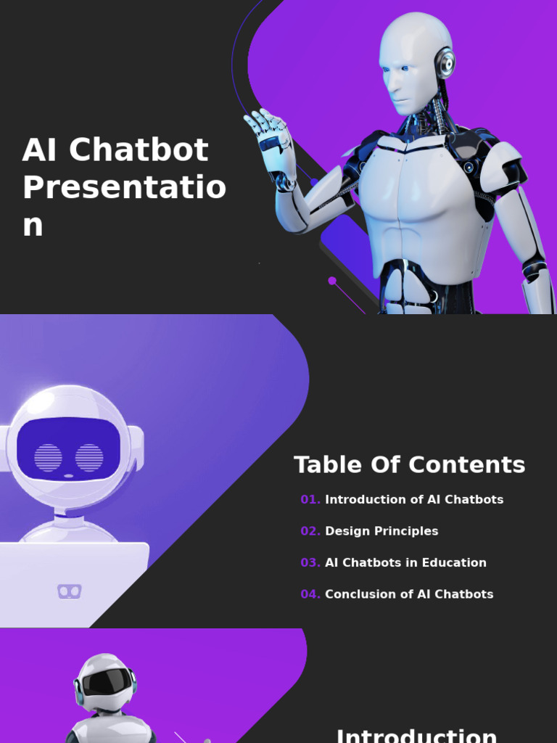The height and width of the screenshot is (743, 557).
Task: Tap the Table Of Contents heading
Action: click(409, 465)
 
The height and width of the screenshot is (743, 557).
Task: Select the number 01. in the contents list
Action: click(310, 500)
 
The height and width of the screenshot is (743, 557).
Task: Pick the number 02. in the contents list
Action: click(310, 531)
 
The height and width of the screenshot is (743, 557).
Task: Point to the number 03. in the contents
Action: click(310, 563)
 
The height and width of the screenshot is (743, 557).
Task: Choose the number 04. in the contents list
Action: click(310, 594)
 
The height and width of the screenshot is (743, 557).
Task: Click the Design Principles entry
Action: click(381, 531)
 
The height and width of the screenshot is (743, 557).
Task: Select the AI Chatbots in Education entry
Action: click(405, 563)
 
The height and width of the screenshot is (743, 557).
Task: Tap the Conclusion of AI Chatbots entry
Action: click(409, 594)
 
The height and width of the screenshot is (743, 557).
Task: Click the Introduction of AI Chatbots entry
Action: click(414, 500)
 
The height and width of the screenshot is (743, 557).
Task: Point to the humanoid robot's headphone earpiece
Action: click(445, 64)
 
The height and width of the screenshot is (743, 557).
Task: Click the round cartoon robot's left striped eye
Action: click(49, 457)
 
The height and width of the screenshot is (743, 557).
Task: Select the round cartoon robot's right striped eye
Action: click(89, 457)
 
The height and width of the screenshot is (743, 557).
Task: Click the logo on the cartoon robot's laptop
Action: click(69, 591)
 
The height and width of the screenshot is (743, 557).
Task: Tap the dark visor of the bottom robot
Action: click(106, 681)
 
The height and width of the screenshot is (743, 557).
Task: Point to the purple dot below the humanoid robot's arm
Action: click(332, 281)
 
